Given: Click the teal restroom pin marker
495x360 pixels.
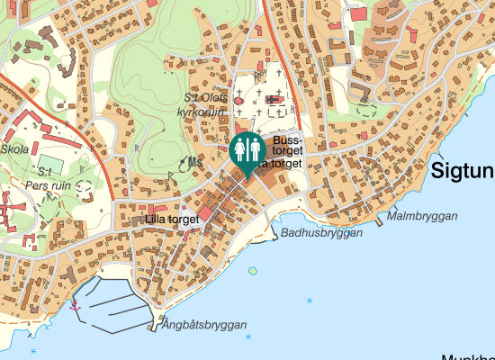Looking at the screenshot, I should (247, 150).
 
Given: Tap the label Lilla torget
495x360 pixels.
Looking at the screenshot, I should (171, 220).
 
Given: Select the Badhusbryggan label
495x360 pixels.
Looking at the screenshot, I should (321, 232).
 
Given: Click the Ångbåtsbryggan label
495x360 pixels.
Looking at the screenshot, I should (204, 325).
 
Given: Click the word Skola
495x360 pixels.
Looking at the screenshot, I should (15, 149).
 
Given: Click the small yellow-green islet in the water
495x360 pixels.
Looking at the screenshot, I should (252, 269).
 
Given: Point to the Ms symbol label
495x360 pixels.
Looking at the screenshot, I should (195, 162).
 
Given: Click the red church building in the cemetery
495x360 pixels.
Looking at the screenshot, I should (239, 100).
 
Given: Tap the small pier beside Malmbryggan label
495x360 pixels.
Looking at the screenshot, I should (379, 221).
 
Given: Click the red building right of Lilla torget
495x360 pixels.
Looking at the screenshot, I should (205, 214).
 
